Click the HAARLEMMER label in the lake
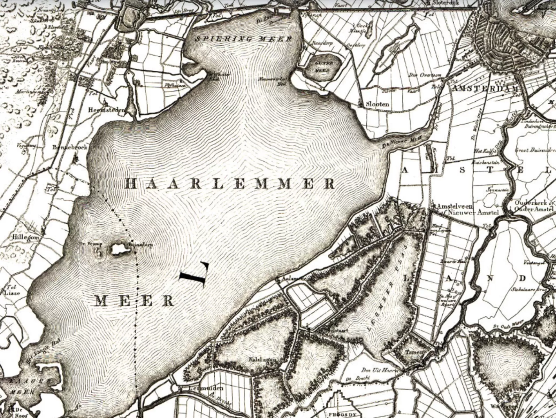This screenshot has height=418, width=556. pos(229,184)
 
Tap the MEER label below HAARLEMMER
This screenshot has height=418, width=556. pos(135,301)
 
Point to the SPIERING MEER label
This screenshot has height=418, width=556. pos(243,39)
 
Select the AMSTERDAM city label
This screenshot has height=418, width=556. pos(485,88)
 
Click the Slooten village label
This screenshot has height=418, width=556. pos(377,104)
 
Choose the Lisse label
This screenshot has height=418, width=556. pos(12,293)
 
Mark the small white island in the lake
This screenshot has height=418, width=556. pos(119,249)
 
